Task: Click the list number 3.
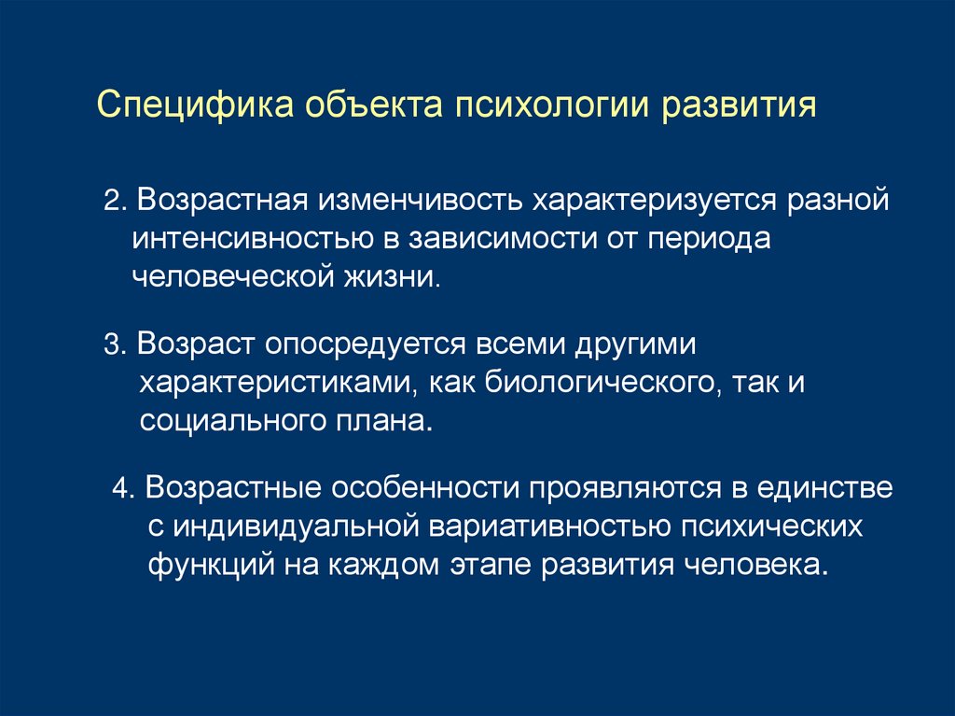(x=112, y=344)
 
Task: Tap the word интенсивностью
(x=253, y=238)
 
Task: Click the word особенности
(x=423, y=488)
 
